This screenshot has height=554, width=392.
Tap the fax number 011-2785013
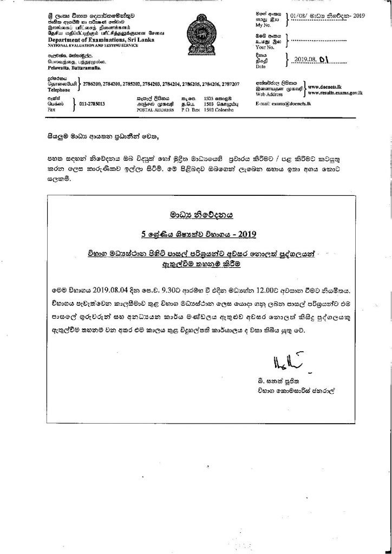tap(92, 103)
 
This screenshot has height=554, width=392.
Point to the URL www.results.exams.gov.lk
tap(335, 93)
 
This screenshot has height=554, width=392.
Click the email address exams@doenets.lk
tap(304, 103)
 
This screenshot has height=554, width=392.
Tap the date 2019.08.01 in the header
tap(311, 61)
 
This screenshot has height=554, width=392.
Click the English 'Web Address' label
tap(269, 94)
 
